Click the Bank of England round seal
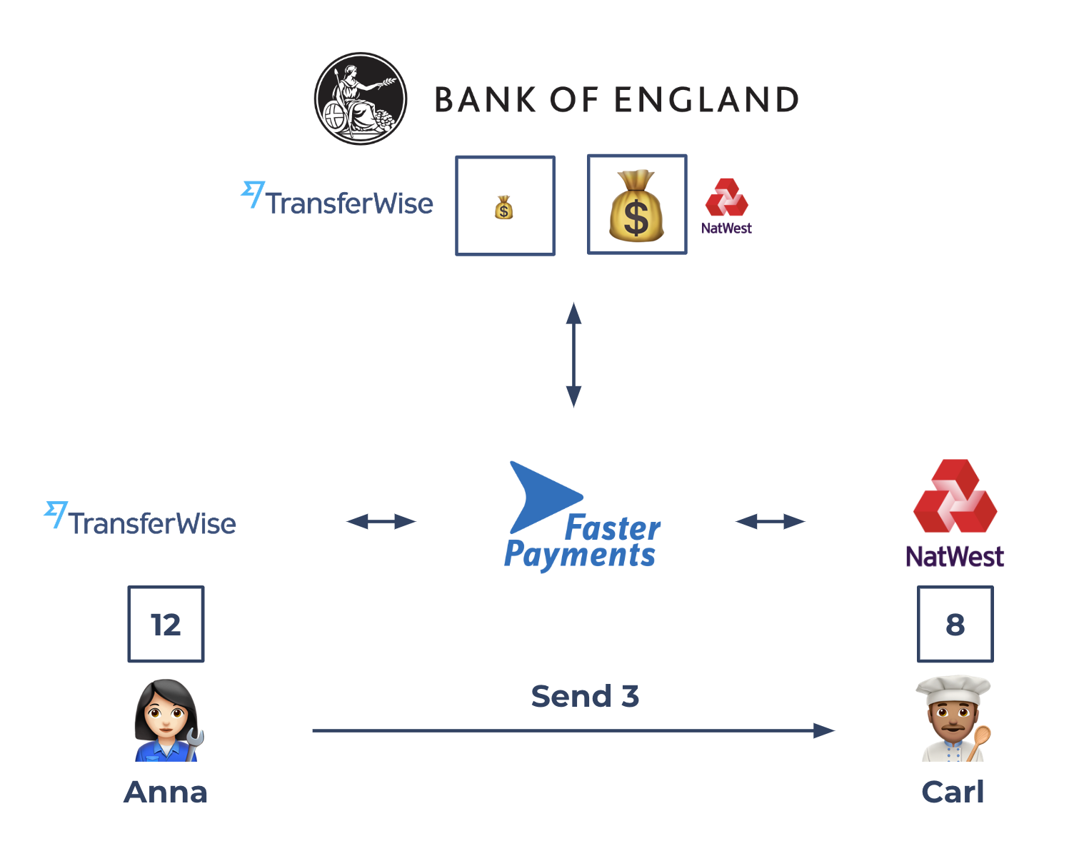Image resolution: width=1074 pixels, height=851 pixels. coord(361,99)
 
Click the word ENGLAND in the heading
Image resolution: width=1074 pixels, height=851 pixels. coord(706,100)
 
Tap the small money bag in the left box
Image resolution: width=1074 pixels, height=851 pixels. coord(504,208)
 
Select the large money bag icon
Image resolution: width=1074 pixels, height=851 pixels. coord(636,206)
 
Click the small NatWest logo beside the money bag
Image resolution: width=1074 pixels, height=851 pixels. coord(726,206)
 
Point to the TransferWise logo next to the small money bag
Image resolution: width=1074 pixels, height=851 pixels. coord(338,200)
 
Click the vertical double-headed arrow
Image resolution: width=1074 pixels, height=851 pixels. coord(573,354)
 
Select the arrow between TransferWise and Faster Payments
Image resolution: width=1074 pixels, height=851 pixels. coord(381,522)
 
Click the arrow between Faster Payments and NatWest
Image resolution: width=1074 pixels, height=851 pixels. coord(770,522)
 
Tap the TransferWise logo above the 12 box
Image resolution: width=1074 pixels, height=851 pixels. coord(141,520)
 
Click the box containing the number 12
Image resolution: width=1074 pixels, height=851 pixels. coord(166,624)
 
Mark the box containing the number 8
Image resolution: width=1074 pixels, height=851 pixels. coord(955,624)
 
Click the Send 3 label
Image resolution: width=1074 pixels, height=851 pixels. coord(585,696)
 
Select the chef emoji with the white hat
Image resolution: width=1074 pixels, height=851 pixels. coord(953,719)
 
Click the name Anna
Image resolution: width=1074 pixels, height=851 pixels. coord(166,792)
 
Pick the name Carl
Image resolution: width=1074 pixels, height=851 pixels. coord(953,792)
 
